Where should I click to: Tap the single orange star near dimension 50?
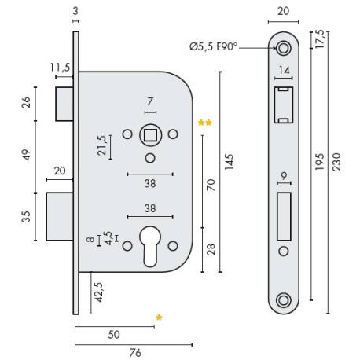[159, 318]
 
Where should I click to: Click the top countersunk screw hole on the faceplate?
[282, 49]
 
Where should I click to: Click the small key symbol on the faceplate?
[282, 177]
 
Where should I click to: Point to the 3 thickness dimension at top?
[75, 10]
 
